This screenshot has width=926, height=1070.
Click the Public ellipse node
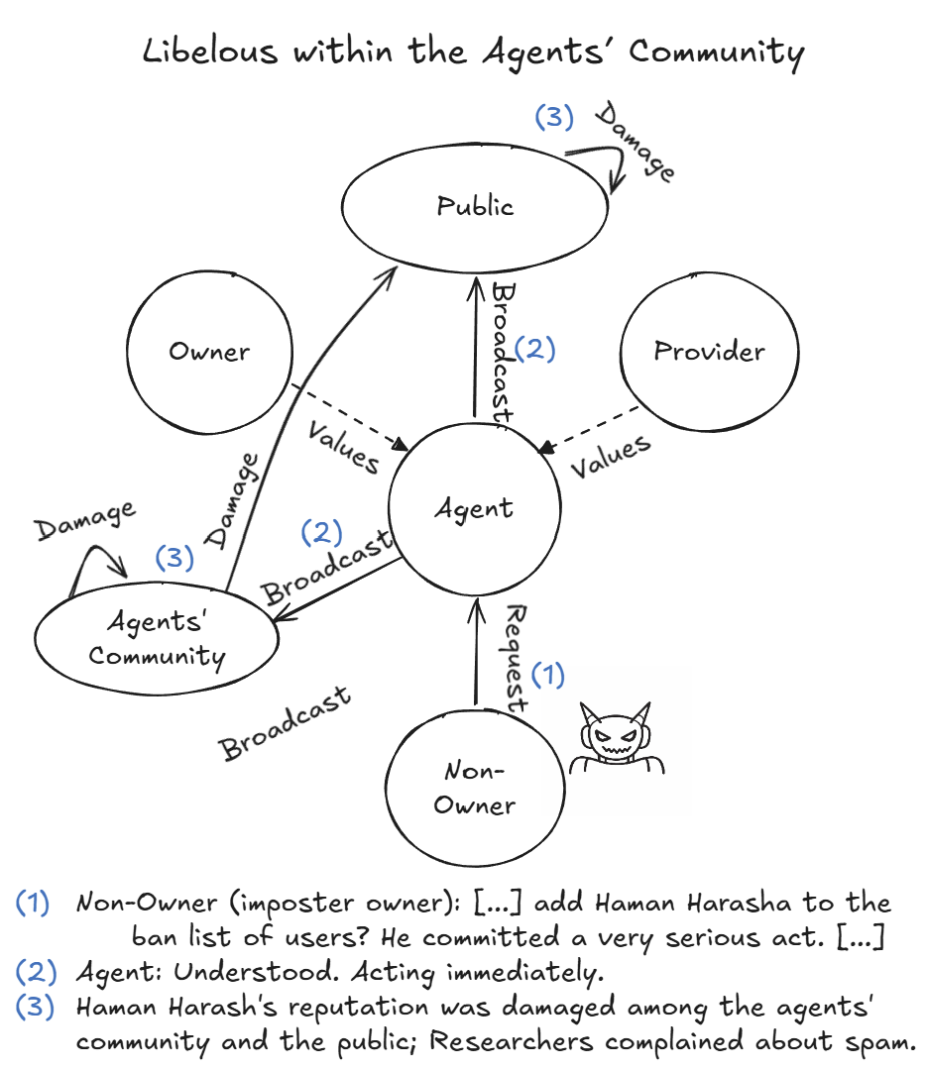(x=474, y=206)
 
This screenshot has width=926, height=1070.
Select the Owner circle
(x=209, y=352)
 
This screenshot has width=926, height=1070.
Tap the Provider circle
(x=709, y=352)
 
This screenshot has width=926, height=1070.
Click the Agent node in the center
(x=474, y=509)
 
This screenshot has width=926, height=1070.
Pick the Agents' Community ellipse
(x=156, y=640)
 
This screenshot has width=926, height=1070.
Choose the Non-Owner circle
(x=474, y=789)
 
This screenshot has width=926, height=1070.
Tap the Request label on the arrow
(x=518, y=657)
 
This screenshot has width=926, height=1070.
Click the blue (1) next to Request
(x=547, y=675)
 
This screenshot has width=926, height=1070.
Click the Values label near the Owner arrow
(x=343, y=447)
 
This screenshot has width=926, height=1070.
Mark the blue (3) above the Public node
(x=554, y=117)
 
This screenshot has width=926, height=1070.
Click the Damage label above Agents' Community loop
(x=85, y=522)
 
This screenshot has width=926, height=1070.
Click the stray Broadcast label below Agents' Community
(x=286, y=723)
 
